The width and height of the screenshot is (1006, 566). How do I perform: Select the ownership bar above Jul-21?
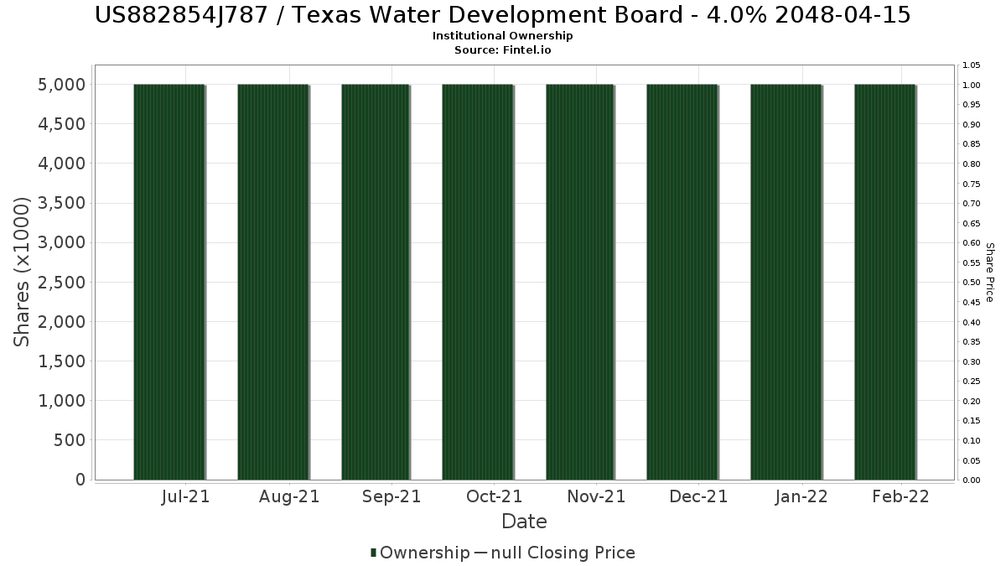169,282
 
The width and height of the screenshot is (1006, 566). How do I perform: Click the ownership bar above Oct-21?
477,282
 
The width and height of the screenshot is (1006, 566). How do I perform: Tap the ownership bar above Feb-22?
884,282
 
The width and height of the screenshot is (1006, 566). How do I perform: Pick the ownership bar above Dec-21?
682,282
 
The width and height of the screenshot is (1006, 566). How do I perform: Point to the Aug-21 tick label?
289,496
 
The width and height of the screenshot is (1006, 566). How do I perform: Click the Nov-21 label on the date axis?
596,496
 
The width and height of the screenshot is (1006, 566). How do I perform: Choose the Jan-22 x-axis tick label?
801,496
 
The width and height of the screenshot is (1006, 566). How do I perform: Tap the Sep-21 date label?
392,496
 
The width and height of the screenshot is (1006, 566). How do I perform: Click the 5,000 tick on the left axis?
61,85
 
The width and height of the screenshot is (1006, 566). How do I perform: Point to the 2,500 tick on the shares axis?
61,283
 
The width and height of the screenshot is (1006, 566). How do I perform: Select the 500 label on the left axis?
70,440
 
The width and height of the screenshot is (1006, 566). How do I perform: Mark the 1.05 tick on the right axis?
971,65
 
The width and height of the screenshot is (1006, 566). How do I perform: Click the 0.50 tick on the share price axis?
971,283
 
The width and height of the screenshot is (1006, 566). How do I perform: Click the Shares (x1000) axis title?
21,272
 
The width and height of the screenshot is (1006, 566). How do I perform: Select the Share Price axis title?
989,273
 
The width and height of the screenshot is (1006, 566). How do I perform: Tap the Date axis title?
524,522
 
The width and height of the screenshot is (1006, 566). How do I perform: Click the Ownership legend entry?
420,553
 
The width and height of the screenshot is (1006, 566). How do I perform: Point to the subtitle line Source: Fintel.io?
502,49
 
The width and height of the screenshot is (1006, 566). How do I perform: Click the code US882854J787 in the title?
181,15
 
